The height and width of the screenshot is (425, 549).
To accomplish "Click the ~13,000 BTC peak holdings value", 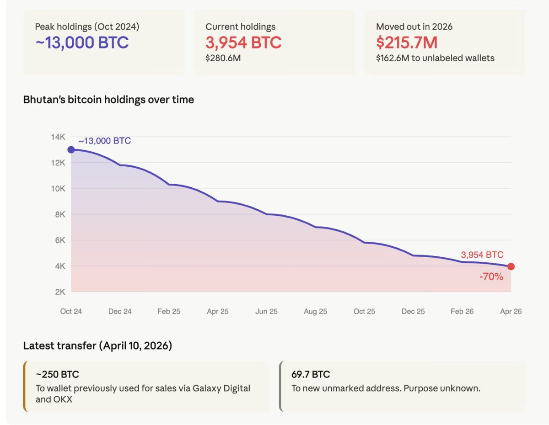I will pyautogui.click(x=82, y=42).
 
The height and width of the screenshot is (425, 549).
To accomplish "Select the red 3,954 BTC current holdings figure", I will pyautogui.click(x=243, y=42).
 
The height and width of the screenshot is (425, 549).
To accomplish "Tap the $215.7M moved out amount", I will pyautogui.click(x=407, y=42).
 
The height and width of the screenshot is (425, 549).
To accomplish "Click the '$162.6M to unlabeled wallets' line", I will pyautogui.click(x=435, y=58).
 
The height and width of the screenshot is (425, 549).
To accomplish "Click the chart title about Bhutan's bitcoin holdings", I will pyautogui.click(x=108, y=100).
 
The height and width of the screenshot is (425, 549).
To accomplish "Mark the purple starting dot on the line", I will pyautogui.click(x=71, y=149).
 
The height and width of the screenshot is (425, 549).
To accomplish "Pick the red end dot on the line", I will pyautogui.click(x=511, y=266).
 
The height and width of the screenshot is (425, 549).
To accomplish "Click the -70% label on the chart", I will pyautogui.click(x=491, y=276).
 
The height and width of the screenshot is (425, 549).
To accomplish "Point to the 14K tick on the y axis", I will pyautogui.click(x=58, y=137).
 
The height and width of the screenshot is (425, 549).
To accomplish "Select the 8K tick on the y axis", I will pyautogui.click(x=60, y=214).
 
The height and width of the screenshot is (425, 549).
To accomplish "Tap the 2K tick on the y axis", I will pyautogui.click(x=60, y=292).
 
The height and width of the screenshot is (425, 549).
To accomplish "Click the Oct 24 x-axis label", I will pyautogui.click(x=71, y=311).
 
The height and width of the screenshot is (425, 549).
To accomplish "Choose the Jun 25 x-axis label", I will pyautogui.click(x=266, y=311).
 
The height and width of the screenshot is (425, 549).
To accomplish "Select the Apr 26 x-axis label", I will pyautogui.click(x=511, y=311).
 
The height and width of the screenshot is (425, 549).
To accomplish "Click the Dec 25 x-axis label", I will pyautogui.click(x=413, y=311).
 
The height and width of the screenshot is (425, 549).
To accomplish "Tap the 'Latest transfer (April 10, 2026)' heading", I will pyautogui.click(x=97, y=346).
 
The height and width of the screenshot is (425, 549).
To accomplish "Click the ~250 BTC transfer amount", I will pyautogui.click(x=57, y=374).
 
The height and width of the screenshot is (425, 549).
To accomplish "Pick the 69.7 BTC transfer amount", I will pyautogui.click(x=311, y=374).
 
